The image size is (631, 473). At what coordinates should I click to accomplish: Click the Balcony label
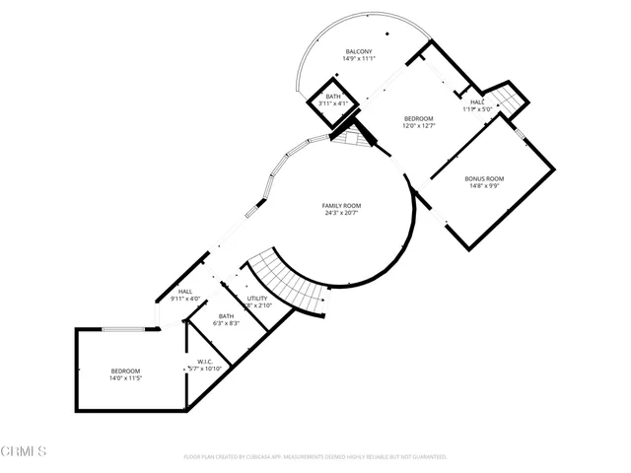pos(358,51)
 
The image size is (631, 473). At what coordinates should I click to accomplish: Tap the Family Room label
pos(339,205)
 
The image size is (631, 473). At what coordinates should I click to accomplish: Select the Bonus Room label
pos(484,178)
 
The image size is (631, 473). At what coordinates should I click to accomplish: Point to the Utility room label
pos(257,298)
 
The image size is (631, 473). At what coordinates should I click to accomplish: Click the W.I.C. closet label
pos(205,361)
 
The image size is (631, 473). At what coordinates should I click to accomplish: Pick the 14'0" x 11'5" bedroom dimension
pos(125,378)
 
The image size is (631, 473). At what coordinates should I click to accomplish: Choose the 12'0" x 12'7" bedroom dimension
pos(419,126)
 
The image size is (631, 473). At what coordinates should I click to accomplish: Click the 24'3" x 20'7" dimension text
pos(339,213)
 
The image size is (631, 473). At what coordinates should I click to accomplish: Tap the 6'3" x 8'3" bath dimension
pos(227,323)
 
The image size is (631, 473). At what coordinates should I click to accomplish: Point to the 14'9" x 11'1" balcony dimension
pos(358,59)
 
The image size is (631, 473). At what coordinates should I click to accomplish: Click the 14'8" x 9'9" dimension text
pos(484,186)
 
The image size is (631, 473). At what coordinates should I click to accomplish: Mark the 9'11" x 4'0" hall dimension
pos(185,299)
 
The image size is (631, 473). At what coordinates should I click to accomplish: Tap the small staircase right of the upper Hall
pos(508,100)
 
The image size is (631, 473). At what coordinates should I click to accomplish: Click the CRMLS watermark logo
pos(24,451)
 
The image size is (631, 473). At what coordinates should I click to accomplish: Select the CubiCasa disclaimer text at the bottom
pos(315,457)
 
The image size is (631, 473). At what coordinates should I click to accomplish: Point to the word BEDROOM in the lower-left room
pos(125,371)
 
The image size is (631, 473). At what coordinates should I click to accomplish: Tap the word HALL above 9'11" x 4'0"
pos(185,291)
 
